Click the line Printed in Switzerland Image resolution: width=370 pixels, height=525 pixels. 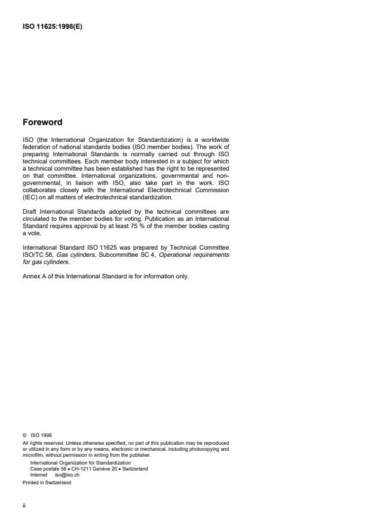click(46, 482)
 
